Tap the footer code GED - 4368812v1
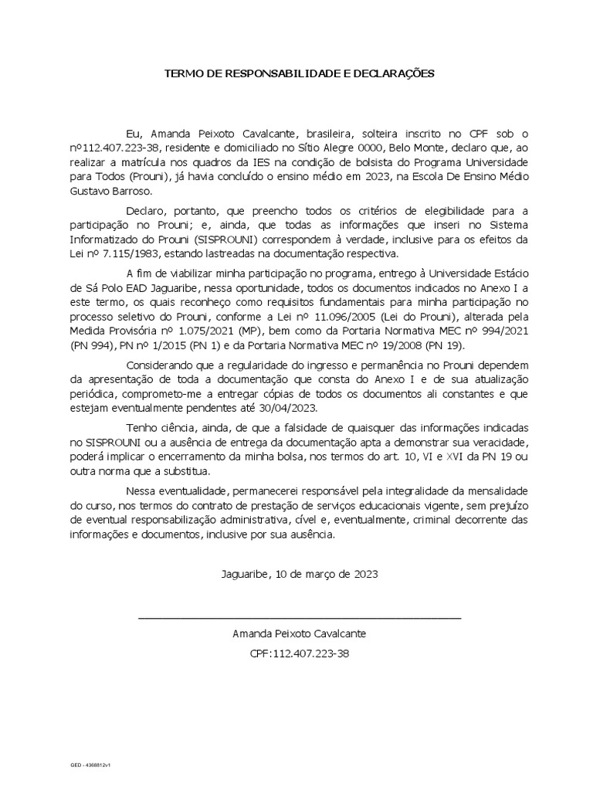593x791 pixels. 91,765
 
